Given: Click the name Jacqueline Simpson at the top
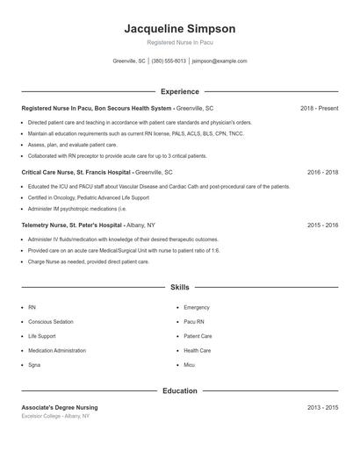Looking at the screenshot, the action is coord(179,29).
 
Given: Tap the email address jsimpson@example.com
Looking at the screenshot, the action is coord(220,61).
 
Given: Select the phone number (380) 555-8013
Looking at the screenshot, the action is coord(169,61).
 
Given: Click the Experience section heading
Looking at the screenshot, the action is coord(179,91).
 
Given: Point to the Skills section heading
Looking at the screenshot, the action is coord(179,287).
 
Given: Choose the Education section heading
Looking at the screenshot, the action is coord(179,390).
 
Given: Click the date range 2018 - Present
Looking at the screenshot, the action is coord(319,108).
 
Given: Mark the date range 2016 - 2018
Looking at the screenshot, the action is coord(322,173).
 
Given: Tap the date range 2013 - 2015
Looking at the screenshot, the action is coord(322,408).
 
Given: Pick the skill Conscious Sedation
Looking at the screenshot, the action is coord(52,322).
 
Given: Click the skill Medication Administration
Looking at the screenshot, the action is coord(57,350).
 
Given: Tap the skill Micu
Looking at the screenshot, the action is coord(190,364).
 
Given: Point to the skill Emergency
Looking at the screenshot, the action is coord(197,308).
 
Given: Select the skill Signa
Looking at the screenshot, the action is coord(34,364).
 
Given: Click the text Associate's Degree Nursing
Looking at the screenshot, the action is coord(60,408).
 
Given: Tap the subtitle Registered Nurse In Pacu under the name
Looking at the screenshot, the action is coord(179,42).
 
